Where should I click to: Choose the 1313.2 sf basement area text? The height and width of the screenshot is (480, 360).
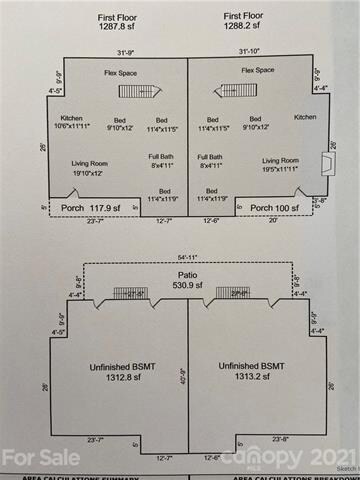coord(260,379)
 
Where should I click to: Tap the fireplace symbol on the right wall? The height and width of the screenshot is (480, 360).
coord(323,164)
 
